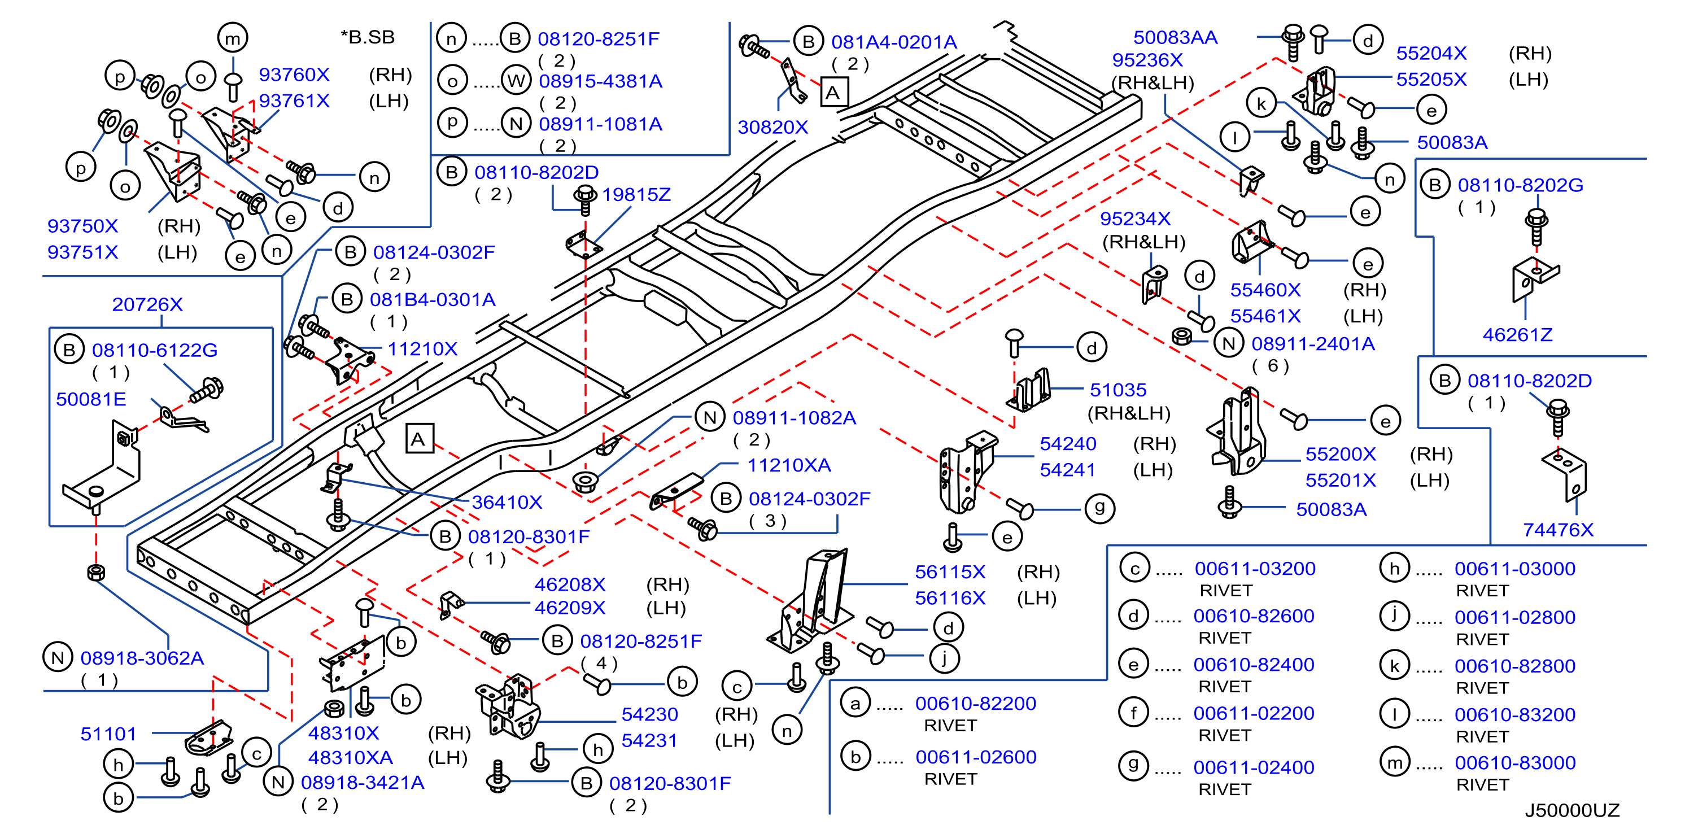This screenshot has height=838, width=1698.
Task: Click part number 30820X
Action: pyautogui.click(x=772, y=127)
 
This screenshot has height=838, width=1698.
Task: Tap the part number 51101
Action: pyautogui.click(x=108, y=734)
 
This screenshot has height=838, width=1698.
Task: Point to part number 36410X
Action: pyautogui.click(x=507, y=503)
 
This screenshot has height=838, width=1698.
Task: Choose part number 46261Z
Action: pyautogui.click(x=1517, y=335)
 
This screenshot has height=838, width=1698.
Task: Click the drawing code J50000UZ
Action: pyautogui.click(x=1572, y=810)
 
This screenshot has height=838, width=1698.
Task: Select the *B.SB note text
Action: pyautogui.click(x=368, y=37)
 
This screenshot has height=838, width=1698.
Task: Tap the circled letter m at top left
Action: pyautogui.click(x=233, y=38)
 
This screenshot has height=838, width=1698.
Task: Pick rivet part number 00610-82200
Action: pyautogui.click(x=976, y=704)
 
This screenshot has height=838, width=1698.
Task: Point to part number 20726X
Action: pyautogui.click(x=147, y=304)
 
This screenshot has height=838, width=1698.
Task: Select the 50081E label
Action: pyautogui.click(x=91, y=400)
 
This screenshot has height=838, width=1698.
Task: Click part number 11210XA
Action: pyautogui.click(x=789, y=465)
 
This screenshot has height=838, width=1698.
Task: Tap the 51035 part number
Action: pyautogui.click(x=1118, y=390)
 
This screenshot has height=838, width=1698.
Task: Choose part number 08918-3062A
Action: pyautogui.click(x=142, y=658)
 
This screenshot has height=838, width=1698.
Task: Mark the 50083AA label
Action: pyautogui.click(x=1175, y=38)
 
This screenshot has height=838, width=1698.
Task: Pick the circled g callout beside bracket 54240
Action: pyautogui.click(x=1099, y=508)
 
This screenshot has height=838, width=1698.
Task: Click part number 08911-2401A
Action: pyautogui.click(x=1313, y=344)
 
